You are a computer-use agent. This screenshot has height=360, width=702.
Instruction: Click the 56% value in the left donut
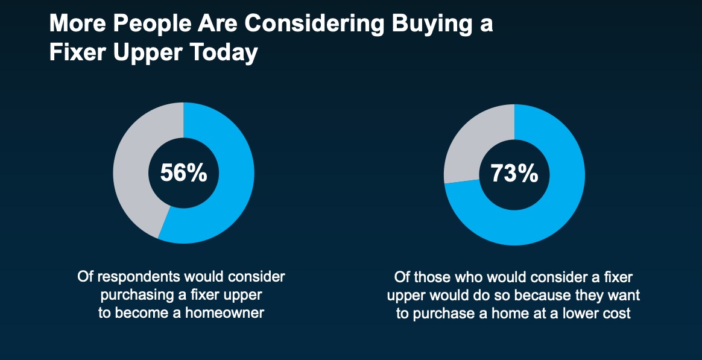click(x=183, y=173)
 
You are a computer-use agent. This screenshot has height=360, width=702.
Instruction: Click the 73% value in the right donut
click(x=514, y=173)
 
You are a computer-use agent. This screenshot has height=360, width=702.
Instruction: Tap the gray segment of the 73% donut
click(x=470, y=144)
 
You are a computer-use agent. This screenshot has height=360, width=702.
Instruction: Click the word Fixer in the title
click(x=78, y=53)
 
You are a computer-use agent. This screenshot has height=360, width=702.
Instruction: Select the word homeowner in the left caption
click(x=225, y=312)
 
